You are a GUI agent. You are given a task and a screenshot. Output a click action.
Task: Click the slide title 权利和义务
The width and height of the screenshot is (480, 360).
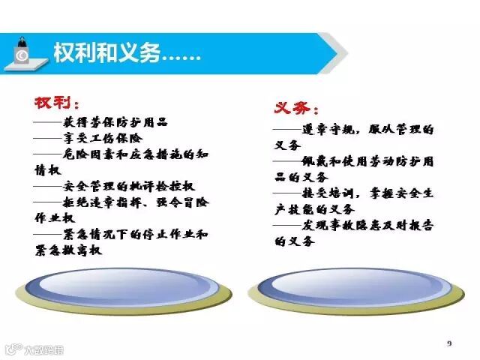(x=106, y=52)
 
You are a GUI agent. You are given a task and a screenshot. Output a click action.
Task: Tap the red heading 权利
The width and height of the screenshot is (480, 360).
(x=53, y=103)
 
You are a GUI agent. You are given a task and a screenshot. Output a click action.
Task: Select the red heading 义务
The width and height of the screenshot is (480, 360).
(x=292, y=108)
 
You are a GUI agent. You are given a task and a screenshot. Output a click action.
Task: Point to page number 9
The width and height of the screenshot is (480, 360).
(x=449, y=343)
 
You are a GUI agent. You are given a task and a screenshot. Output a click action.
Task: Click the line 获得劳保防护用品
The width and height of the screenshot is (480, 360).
(x=115, y=122)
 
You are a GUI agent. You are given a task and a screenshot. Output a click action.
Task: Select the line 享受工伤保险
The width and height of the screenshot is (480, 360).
(x=103, y=138)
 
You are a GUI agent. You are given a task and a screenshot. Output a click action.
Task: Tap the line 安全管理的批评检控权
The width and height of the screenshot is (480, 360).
(x=129, y=186)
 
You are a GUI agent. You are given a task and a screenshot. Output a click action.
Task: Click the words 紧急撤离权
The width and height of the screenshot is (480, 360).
(x=68, y=250)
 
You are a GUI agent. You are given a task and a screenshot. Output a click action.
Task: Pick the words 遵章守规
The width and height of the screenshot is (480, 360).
(x=328, y=130)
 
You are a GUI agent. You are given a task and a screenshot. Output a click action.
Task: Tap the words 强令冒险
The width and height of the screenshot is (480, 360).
(x=182, y=202)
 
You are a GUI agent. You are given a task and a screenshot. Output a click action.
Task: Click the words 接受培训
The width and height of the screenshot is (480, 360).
(x=328, y=193)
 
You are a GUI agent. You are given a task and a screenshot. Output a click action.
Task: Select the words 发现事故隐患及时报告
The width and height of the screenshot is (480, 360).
(x=367, y=226)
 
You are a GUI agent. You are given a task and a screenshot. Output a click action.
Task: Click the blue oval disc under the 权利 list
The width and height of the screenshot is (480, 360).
(x=122, y=287)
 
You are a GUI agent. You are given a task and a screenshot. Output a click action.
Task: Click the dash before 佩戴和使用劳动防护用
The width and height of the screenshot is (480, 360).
(x=287, y=161)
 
